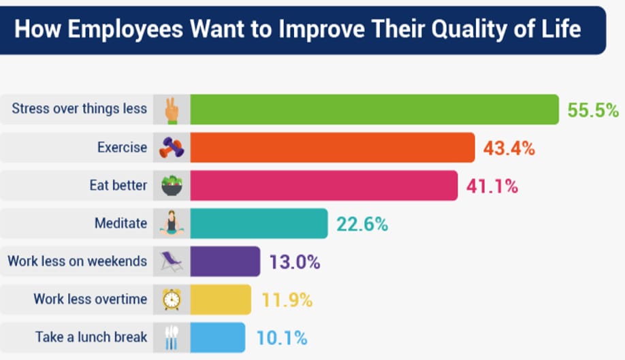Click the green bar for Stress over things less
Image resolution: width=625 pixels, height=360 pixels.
pos(374,110)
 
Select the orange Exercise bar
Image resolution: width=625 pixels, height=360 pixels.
pos(332,148)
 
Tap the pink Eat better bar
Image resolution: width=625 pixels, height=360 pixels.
pos(323,186)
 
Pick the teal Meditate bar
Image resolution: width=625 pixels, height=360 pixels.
pos(259,224)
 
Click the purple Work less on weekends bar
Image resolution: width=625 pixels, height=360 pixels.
pos(225,262)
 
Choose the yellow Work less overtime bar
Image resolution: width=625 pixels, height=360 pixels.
pos(220,299)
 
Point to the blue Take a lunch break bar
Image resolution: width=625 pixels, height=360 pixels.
pos(217,338)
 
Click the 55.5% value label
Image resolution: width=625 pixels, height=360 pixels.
pos(593,110)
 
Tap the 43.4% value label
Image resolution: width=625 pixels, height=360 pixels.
pos(509,148)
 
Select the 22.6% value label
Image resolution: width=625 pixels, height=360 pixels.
pos(362,224)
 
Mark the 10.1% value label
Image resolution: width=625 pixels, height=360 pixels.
pos(282,338)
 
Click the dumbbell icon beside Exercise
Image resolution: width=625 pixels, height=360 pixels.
pos(172,148)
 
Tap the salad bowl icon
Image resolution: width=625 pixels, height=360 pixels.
pos(172,186)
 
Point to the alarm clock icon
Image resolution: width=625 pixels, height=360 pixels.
pos(172,299)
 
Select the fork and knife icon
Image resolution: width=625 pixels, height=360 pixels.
pos(172,338)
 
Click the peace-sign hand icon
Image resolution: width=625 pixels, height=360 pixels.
pos(171,110)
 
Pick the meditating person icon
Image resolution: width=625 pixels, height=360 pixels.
pos(172,224)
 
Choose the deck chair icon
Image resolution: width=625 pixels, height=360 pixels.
pos(172,262)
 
